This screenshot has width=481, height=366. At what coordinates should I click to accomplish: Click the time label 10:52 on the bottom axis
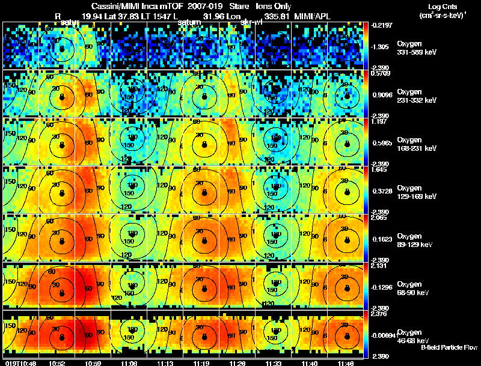tap(57, 362)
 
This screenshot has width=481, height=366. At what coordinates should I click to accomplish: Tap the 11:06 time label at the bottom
tap(129, 362)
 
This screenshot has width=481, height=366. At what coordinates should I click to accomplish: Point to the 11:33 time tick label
tap(274, 362)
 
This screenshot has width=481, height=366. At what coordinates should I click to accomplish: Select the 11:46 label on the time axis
tap(346, 362)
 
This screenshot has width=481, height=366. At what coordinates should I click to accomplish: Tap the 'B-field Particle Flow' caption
tap(449, 347)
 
